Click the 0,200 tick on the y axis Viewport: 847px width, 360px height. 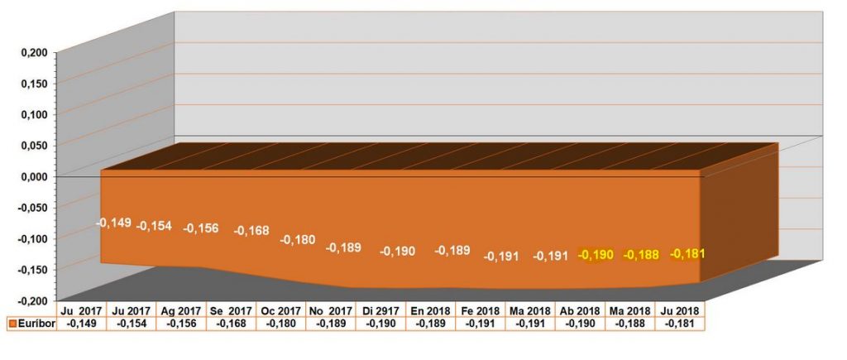34,52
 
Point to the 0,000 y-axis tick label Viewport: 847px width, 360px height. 34,175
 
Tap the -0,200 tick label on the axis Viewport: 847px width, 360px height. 32,299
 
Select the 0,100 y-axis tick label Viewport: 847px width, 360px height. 34,113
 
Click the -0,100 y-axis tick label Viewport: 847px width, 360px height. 32,238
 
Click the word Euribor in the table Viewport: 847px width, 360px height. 36,324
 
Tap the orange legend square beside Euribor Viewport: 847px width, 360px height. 11,324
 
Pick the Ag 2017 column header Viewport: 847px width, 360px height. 183,311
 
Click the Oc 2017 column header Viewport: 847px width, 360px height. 281,311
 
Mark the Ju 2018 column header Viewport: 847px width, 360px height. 680,311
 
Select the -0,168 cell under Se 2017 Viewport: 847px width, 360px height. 232,324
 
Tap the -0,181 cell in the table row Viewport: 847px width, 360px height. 680,324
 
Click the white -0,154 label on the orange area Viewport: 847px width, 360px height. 154,226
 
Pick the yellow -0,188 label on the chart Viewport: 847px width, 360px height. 641,255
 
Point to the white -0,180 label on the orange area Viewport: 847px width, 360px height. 297,239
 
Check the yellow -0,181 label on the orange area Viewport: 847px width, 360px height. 687,253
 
